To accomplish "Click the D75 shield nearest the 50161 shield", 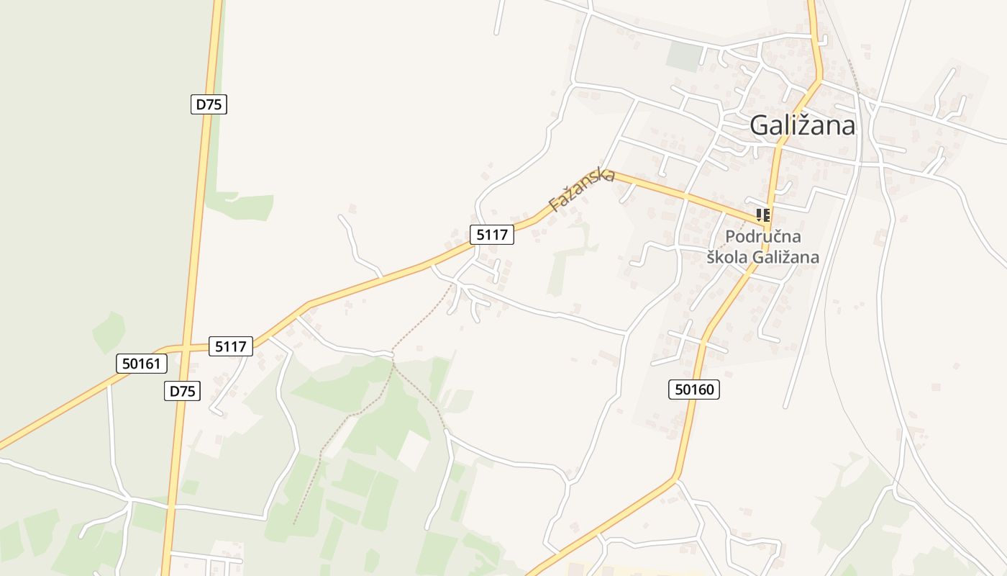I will [x=182, y=391].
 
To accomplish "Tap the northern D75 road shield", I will [x=209, y=104].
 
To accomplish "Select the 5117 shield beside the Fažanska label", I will [x=492, y=234].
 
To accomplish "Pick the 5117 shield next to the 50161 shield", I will [x=230, y=346].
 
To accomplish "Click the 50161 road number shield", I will [x=141, y=364].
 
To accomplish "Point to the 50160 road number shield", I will [x=696, y=390].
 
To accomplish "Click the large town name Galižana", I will [x=802, y=125].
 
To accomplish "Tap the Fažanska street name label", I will [x=581, y=189].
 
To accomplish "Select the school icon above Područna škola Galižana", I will [x=762, y=215].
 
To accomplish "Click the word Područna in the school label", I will [x=762, y=236].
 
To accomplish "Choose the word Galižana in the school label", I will [x=785, y=256].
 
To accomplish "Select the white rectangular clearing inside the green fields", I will [x=412, y=449].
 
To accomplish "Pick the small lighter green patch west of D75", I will [x=108, y=331].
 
